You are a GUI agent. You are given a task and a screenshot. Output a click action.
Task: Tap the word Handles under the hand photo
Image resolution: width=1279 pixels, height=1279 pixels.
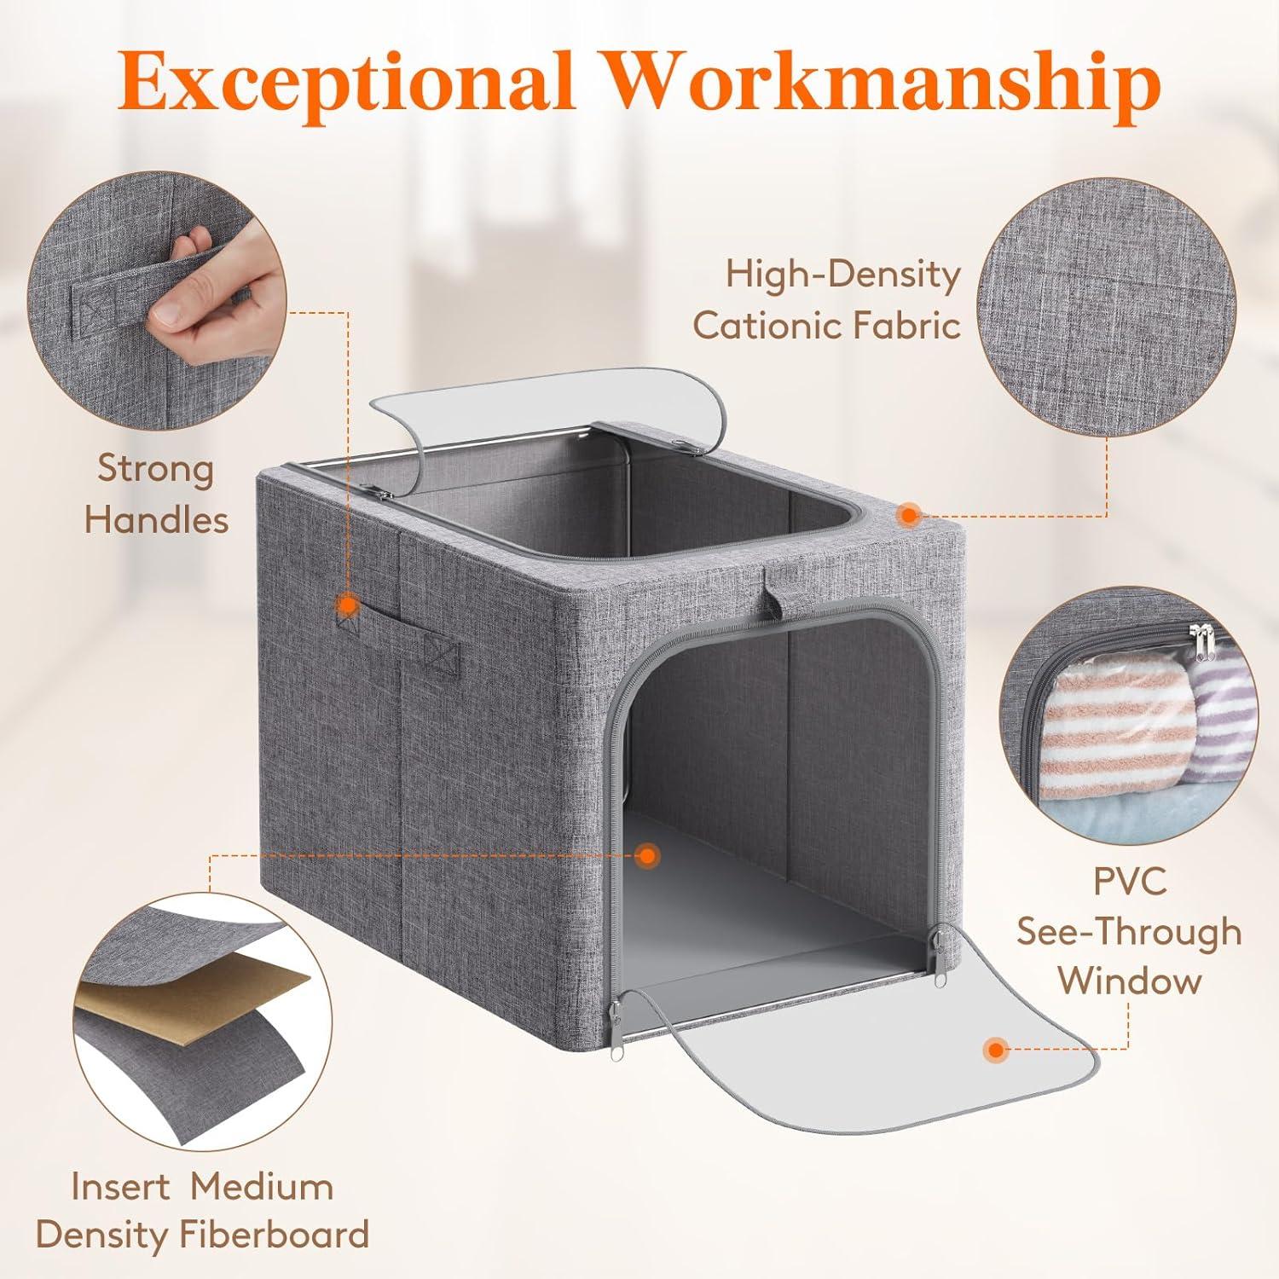pos(157,519)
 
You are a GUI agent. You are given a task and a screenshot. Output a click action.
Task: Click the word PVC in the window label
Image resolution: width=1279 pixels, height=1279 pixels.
pos(1129,881)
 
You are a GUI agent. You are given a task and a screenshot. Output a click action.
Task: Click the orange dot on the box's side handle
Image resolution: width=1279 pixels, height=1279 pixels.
pos(346,605)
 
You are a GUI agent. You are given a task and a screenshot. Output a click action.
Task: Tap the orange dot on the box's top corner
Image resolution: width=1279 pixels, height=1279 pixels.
pos(909,514)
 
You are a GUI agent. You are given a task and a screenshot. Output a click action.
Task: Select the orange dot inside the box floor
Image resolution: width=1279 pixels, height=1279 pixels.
pos(648,854)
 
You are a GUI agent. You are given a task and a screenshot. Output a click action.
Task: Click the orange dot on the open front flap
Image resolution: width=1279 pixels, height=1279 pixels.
pos(994,1050)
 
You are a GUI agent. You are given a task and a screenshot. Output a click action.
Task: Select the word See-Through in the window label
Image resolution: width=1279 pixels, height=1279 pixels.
pos(1129,931)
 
